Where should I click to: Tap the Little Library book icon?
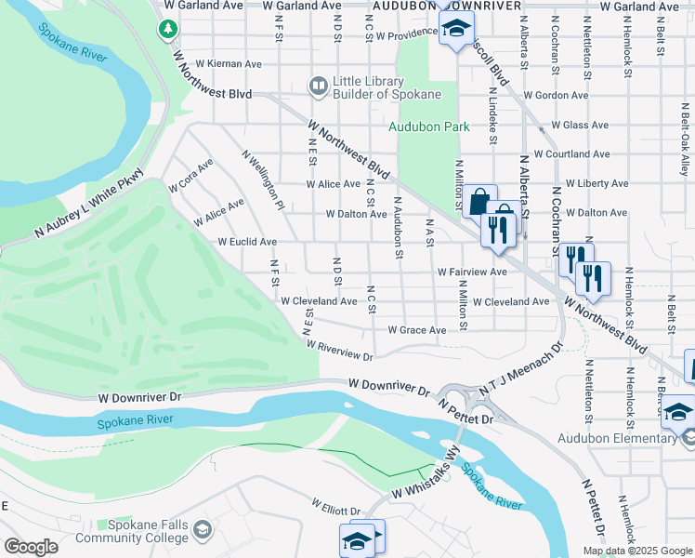click(318, 86)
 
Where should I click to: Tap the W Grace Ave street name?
click(416, 330)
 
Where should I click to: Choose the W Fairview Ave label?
click(472, 272)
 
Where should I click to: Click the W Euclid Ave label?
click(247, 242)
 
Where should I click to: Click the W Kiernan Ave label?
click(229, 64)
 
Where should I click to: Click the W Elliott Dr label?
click(335, 511)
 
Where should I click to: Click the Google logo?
click(31, 547)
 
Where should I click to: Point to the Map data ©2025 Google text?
click(637, 550)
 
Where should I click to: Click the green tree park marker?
click(168, 30)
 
